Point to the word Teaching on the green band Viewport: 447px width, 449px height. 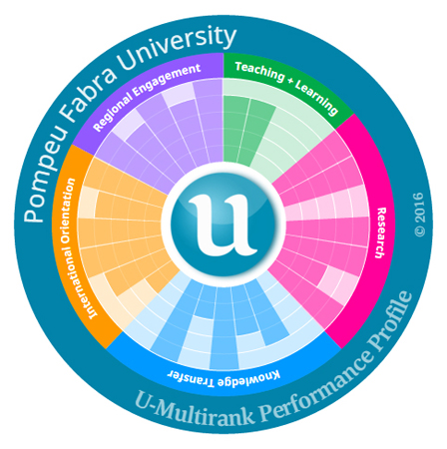point(259,72)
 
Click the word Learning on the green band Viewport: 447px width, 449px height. point(317,97)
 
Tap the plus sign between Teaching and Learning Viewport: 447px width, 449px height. point(290,83)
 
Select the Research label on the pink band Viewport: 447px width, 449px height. point(381,232)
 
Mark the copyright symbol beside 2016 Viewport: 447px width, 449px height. point(420,231)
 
